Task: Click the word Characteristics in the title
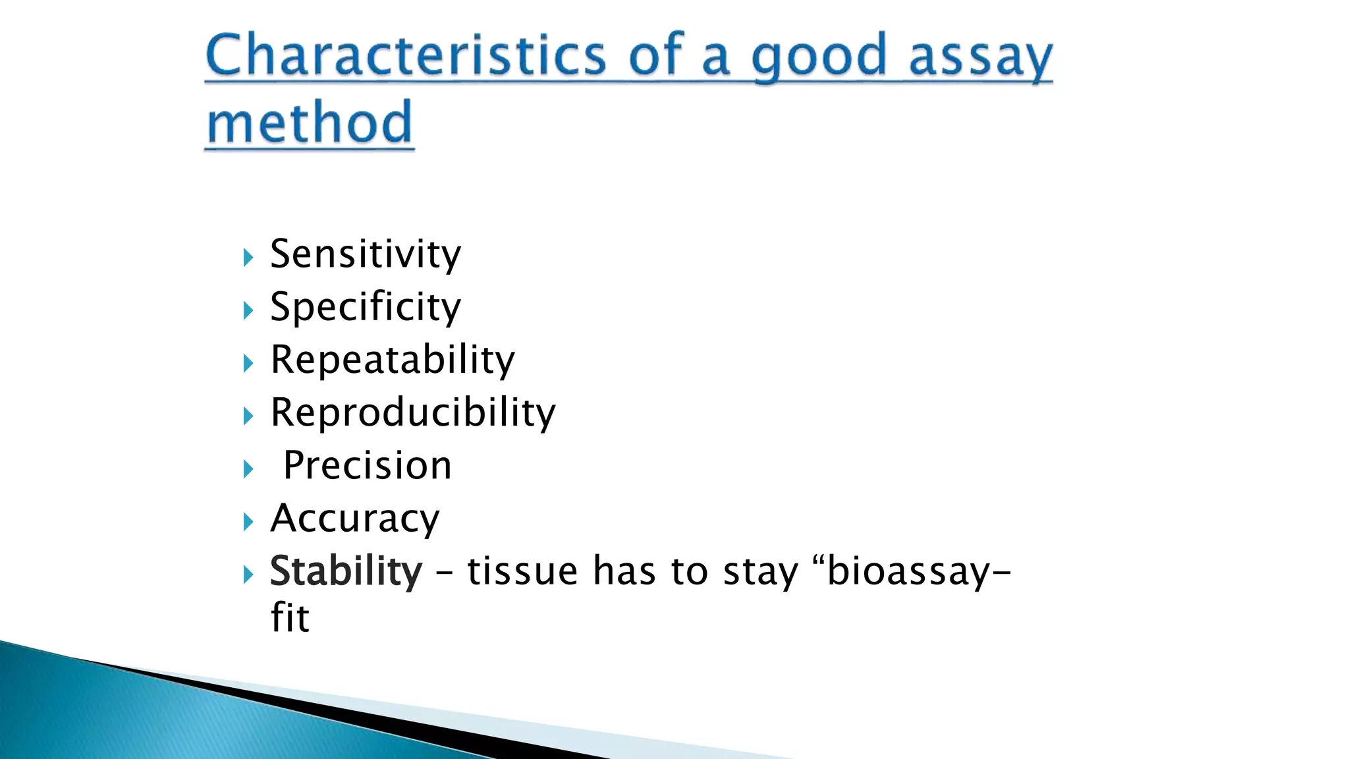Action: pos(404,55)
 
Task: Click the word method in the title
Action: pos(310,123)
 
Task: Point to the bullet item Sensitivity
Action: pos(366,254)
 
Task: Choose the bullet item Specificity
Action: pos(366,307)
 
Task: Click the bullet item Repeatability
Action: pos(393,360)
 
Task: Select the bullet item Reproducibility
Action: pos(413,413)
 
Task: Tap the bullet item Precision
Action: pos(368,466)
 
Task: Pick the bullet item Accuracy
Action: pos(355,519)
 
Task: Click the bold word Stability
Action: pos(346,571)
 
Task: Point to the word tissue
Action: pos(522,571)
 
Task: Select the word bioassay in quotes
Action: pos(908,571)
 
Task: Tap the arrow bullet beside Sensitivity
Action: pos(248,257)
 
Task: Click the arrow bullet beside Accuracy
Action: pos(248,522)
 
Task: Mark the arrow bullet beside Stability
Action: pos(248,575)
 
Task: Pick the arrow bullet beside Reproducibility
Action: pos(248,416)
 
